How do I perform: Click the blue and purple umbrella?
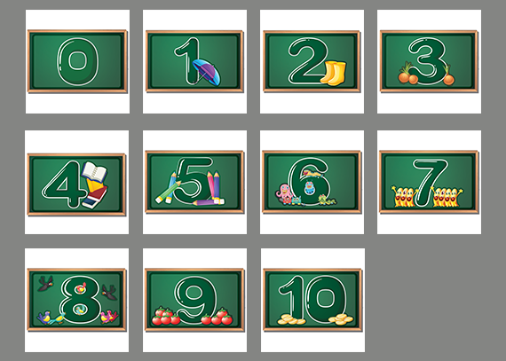coord(207,72)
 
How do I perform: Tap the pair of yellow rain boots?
coord(334,74)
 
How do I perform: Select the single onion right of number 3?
coord(448,76)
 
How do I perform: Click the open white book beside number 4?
coord(94,171)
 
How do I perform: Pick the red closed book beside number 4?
coord(95,197)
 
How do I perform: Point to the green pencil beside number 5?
coord(168,192)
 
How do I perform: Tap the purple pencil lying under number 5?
coord(209,202)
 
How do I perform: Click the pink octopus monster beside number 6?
coord(284,192)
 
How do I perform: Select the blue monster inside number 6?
coord(309,188)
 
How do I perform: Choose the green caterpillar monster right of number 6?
coord(327,200)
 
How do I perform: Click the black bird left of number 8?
coord(45,283)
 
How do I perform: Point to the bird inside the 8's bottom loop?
coord(79,310)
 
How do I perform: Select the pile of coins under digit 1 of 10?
coord(291,319)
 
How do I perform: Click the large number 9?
coord(195,299)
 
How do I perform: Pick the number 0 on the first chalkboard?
coord(77,62)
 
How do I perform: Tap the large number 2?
coord(307,61)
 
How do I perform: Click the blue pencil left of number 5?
coord(171,187)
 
